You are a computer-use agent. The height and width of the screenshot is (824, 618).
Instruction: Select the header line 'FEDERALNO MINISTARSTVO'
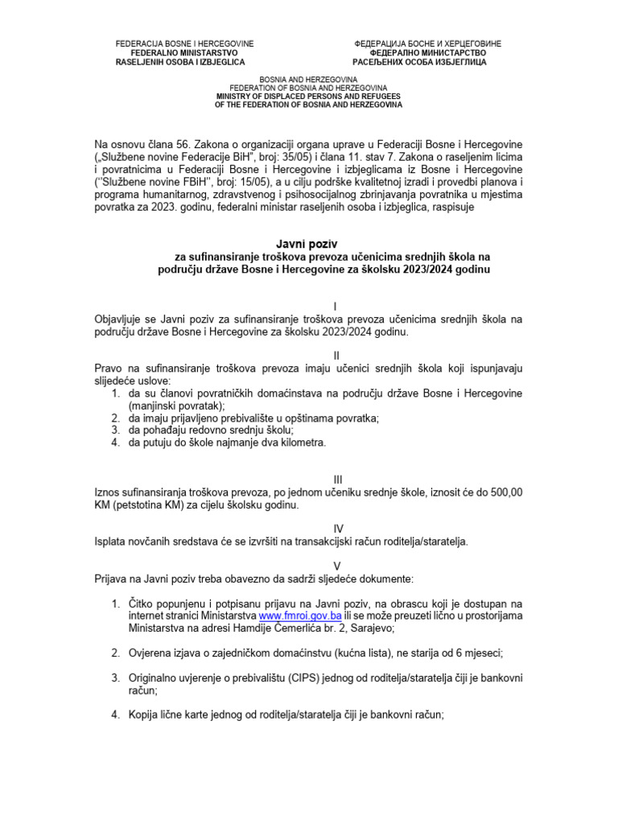[184, 52]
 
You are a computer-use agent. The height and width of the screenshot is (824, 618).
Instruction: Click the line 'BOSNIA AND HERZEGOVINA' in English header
[308, 79]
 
